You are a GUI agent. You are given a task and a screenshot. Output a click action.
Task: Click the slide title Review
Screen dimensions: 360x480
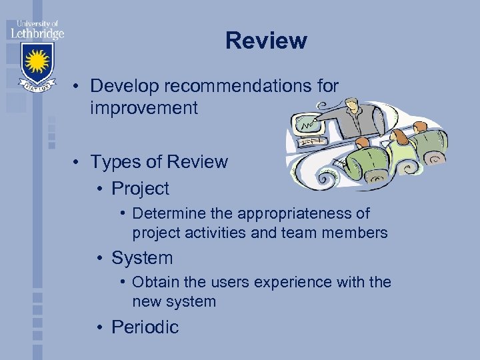(266, 41)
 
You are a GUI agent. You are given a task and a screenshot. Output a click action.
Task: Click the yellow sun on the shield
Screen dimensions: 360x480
(38, 61)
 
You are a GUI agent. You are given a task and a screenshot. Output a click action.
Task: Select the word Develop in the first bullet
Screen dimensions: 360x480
(120, 86)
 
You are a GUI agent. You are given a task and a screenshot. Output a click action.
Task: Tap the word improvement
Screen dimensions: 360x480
(144, 108)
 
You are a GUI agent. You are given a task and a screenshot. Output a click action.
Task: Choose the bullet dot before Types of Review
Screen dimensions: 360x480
(78, 162)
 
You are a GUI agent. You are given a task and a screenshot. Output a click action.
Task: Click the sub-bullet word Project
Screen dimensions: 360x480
(140, 189)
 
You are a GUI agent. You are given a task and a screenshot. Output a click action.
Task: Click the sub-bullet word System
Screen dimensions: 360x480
(142, 258)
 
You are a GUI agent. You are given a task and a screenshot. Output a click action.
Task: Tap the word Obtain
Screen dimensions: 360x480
(156, 283)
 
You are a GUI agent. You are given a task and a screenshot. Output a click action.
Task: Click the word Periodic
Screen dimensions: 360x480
(145, 327)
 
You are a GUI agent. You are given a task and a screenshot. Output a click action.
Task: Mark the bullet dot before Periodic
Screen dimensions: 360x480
(99, 327)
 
